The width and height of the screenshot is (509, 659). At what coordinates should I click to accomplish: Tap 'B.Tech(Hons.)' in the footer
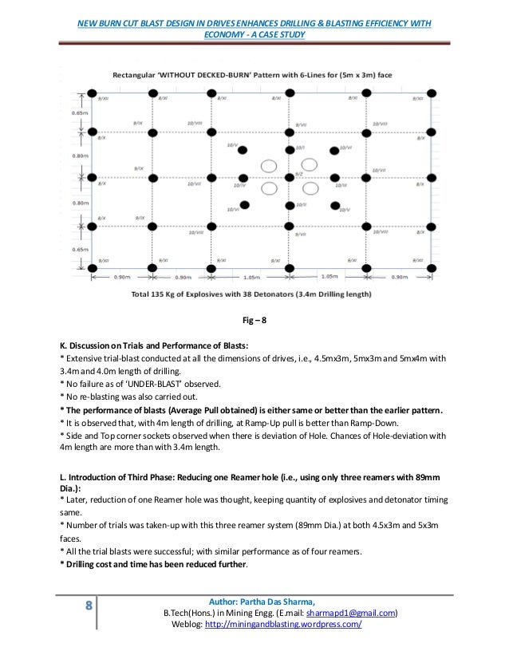(188, 613)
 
